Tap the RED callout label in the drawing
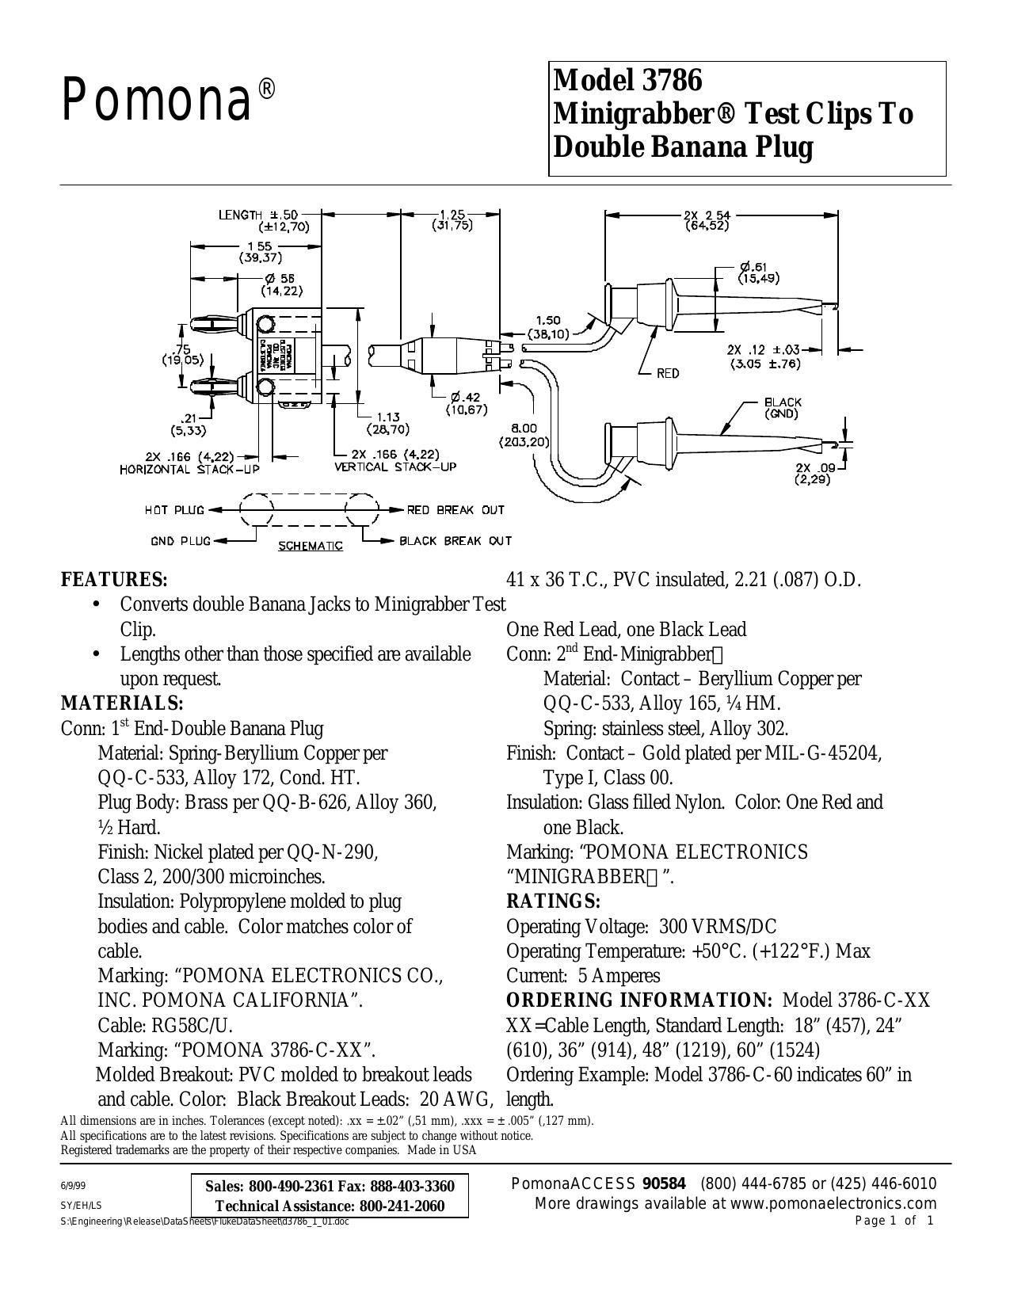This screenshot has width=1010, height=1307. (x=668, y=374)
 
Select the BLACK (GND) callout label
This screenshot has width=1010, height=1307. (x=782, y=408)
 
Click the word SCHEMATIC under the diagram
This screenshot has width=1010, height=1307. (x=311, y=546)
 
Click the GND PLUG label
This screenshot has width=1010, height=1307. (x=181, y=541)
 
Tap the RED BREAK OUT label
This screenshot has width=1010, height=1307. (x=455, y=510)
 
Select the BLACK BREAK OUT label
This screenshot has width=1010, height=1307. (x=455, y=541)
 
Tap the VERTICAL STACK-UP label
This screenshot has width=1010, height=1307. (x=395, y=467)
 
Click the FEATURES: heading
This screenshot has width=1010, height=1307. (x=114, y=580)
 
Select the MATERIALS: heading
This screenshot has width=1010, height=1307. (x=122, y=703)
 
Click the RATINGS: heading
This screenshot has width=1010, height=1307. (x=554, y=901)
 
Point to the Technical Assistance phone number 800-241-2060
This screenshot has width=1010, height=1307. (x=402, y=1206)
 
